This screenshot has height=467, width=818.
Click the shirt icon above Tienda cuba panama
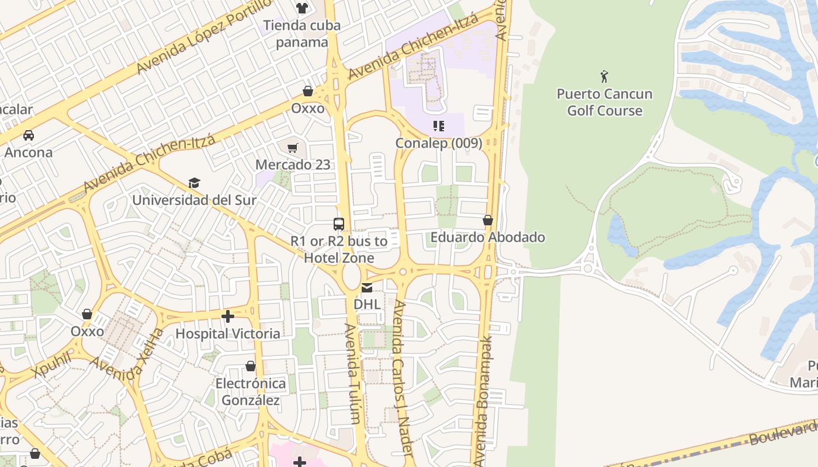[301, 8]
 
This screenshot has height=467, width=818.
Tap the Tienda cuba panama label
[301, 34]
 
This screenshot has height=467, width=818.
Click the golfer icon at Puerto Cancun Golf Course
[604, 76]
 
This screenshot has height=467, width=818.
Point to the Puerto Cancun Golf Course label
[604, 102]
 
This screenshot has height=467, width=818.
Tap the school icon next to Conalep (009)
[439, 126]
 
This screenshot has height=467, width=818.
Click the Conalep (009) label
[439, 143]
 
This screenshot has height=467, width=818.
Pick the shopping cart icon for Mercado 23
[293, 148]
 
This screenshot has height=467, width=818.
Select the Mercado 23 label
[293, 165]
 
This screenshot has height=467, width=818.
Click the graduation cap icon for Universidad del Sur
[194, 183]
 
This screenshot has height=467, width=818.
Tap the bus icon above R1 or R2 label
[339, 224]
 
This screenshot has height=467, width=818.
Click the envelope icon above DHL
[367, 287]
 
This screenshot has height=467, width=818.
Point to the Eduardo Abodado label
[488, 237]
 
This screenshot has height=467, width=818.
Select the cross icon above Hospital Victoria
[228, 316]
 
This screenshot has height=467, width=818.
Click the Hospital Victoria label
[228, 333]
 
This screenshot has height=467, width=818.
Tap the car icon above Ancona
[28, 135]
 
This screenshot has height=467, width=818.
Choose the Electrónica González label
[251, 392]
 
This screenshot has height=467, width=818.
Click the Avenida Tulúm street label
[352, 374]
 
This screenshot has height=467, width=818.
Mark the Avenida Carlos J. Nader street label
[403, 379]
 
